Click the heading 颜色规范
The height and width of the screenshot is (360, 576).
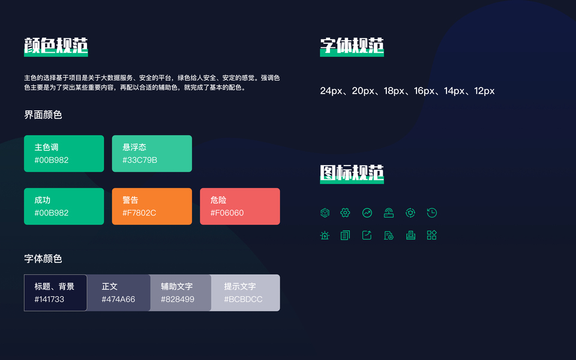(56, 46)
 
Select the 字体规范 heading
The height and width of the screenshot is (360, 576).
(352, 46)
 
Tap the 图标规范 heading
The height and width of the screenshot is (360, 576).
(352, 173)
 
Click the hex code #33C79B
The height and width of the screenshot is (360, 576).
(140, 160)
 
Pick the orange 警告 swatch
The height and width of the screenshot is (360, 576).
(152, 206)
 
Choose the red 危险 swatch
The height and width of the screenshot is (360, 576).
(239, 206)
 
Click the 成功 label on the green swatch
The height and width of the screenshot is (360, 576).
(43, 200)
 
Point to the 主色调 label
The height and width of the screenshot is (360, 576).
(46, 147)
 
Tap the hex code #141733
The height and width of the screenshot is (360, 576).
(49, 299)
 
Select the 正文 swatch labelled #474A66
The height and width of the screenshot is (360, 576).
(119, 293)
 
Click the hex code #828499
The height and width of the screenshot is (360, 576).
(178, 299)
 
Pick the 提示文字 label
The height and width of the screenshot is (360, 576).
(240, 286)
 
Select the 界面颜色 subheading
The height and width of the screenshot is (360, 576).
(43, 115)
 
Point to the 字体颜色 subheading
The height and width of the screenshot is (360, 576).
(43, 259)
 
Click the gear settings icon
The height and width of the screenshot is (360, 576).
(345, 212)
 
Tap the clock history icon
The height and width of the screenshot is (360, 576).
(432, 212)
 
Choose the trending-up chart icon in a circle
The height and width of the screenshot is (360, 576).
(367, 212)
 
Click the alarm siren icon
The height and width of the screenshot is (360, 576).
(325, 235)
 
